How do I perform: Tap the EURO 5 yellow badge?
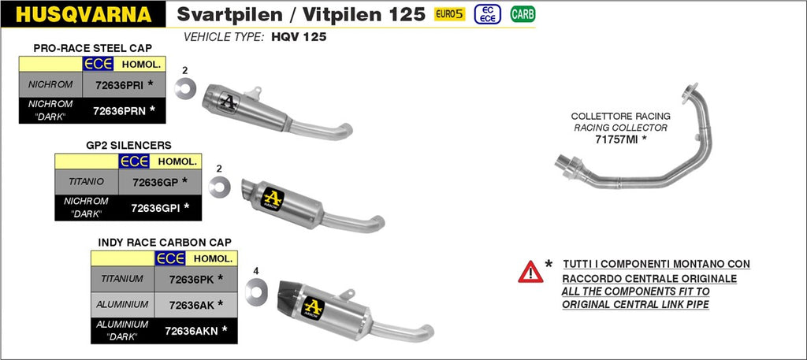click(x=450, y=14)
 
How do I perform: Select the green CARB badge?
click(x=521, y=14)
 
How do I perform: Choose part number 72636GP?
click(x=155, y=182)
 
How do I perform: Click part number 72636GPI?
click(x=155, y=208)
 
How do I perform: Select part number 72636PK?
click(x=192, y=278)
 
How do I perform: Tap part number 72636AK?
click(x=192, y=304)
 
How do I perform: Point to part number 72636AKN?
click(x=192, y=330)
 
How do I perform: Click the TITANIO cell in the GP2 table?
click(x=86, y=182)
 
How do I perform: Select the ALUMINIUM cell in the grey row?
click(x=121, y=304)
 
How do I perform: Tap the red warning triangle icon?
click(x=530, y=273)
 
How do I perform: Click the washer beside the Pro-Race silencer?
click(x=185, y=86)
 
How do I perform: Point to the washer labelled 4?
click(x=255, y=291)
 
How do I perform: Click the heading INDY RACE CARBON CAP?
click(x=165, y=242)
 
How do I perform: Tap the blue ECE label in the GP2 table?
click(x=134, y=161)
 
